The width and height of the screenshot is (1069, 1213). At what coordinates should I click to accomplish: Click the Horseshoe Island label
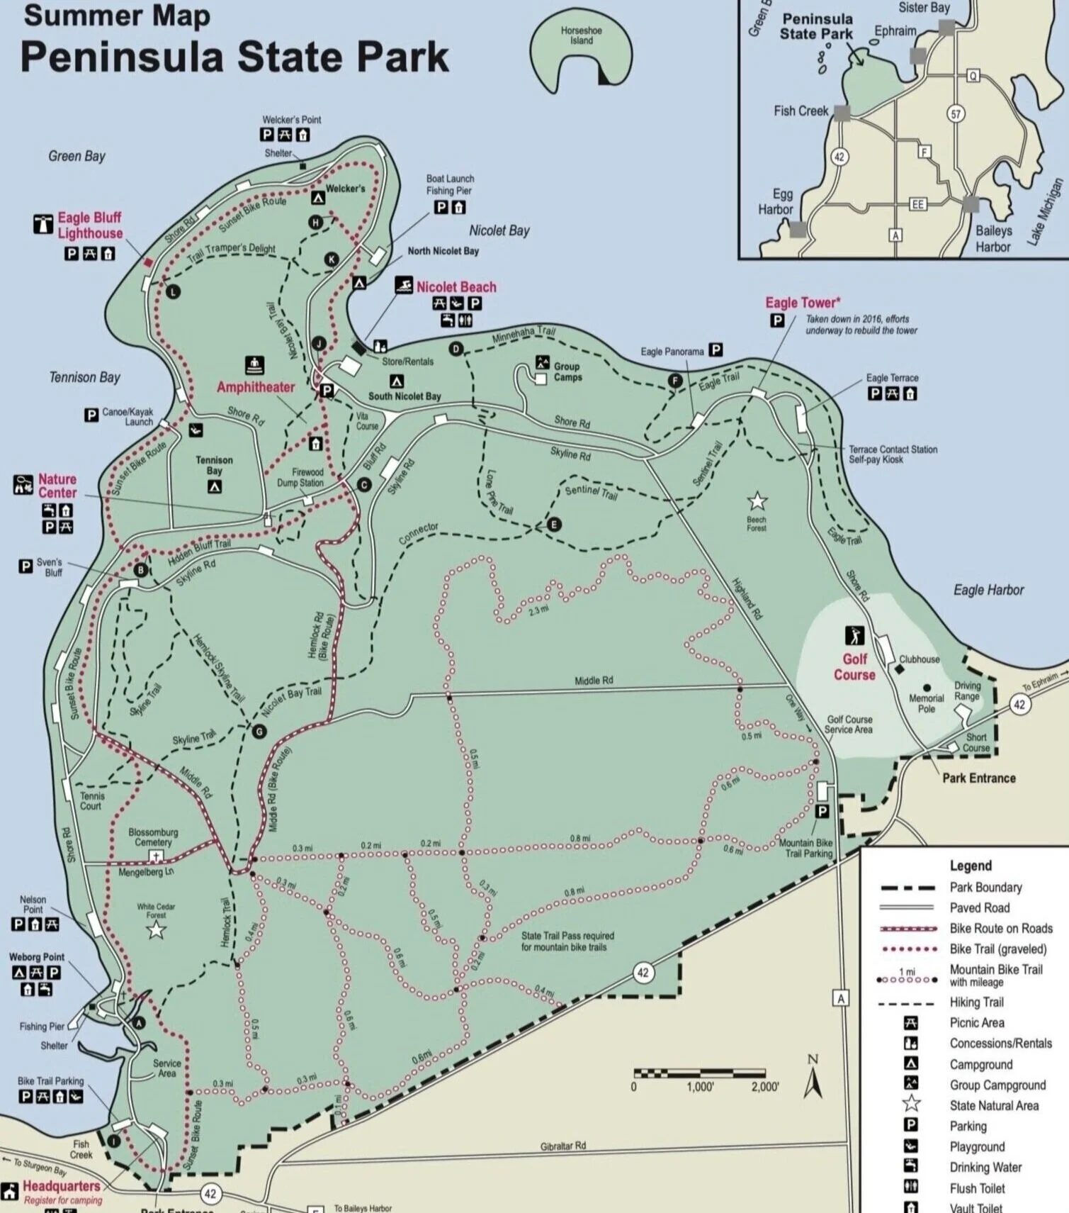pos(581,35)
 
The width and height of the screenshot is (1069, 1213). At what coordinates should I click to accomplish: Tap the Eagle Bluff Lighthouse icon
pos(43,224)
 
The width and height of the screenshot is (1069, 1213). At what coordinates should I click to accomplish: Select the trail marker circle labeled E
pos(555,525)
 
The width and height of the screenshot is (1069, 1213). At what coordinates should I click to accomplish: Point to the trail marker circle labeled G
pos(259,731)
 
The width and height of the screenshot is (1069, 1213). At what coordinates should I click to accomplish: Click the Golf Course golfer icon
pos(854,635)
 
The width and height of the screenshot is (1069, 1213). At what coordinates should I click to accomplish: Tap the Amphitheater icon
pos(254,365)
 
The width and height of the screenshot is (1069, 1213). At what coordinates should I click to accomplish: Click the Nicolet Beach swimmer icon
pos(404,286)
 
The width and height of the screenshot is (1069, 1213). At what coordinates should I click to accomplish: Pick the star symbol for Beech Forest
pos(757,501)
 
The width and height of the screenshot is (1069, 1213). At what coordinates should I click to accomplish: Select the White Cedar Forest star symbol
pos(156,929)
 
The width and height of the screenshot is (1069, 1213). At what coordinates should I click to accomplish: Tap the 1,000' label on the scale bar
pos(700,1088)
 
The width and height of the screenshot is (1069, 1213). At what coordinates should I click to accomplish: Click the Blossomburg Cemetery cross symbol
pos(155,856)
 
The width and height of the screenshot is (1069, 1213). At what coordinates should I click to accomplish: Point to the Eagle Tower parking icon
pos(777,320)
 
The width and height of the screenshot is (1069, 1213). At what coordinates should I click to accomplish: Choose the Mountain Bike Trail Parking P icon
pos(822,811)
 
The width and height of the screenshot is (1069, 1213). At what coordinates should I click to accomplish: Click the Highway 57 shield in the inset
pos(956,113)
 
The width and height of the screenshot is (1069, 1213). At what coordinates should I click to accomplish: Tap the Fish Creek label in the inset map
pos(801,111)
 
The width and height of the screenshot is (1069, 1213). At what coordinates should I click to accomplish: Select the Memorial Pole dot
pos(927,688)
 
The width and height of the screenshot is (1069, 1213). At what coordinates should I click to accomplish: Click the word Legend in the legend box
pos(970,866)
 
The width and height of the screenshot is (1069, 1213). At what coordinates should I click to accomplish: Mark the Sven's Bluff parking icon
pos(26,566)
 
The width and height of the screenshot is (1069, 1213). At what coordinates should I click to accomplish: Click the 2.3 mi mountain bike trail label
pos(538,610)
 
